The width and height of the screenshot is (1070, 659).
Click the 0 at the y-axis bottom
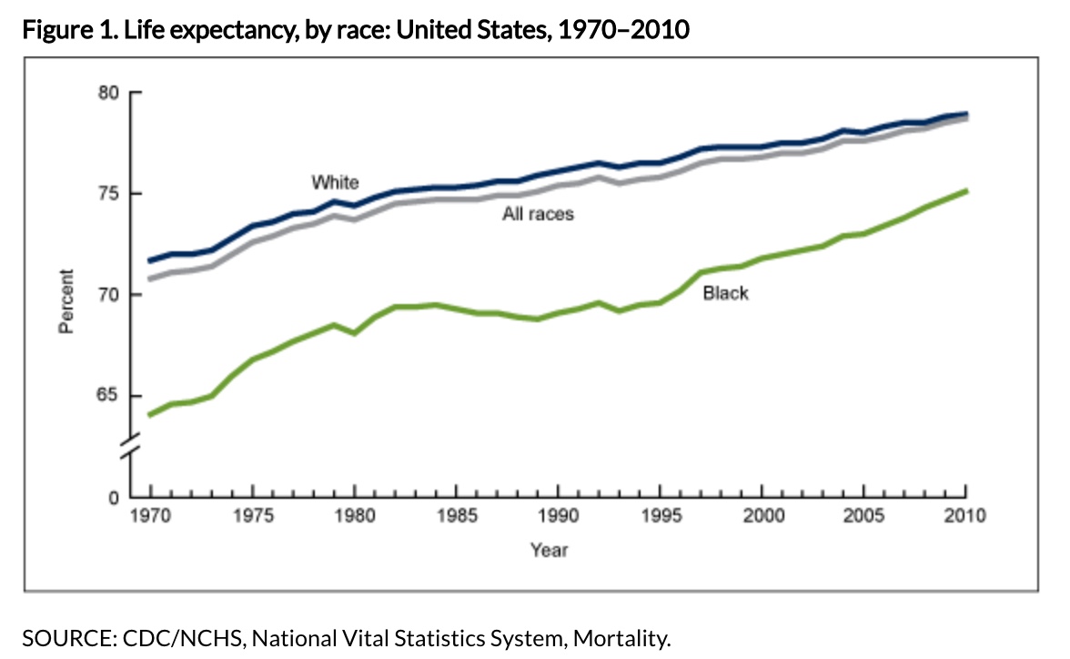point(115,498)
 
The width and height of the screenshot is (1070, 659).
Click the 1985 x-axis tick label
point(455,517)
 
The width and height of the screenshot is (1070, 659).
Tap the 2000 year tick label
point(761,517)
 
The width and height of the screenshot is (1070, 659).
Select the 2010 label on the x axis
point(964,517)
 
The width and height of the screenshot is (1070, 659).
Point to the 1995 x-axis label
point(659,517)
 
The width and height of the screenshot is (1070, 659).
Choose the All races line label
point(539,215)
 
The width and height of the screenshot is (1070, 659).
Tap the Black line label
point(725,293)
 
